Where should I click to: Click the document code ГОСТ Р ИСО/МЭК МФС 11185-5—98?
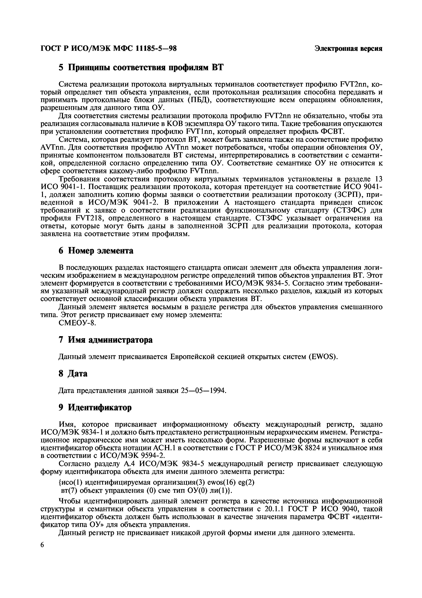click(108, 48)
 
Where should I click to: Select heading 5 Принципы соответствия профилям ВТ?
click(141, 68)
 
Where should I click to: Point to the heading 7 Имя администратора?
click(105, 340)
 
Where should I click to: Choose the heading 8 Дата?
click(73, 373)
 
